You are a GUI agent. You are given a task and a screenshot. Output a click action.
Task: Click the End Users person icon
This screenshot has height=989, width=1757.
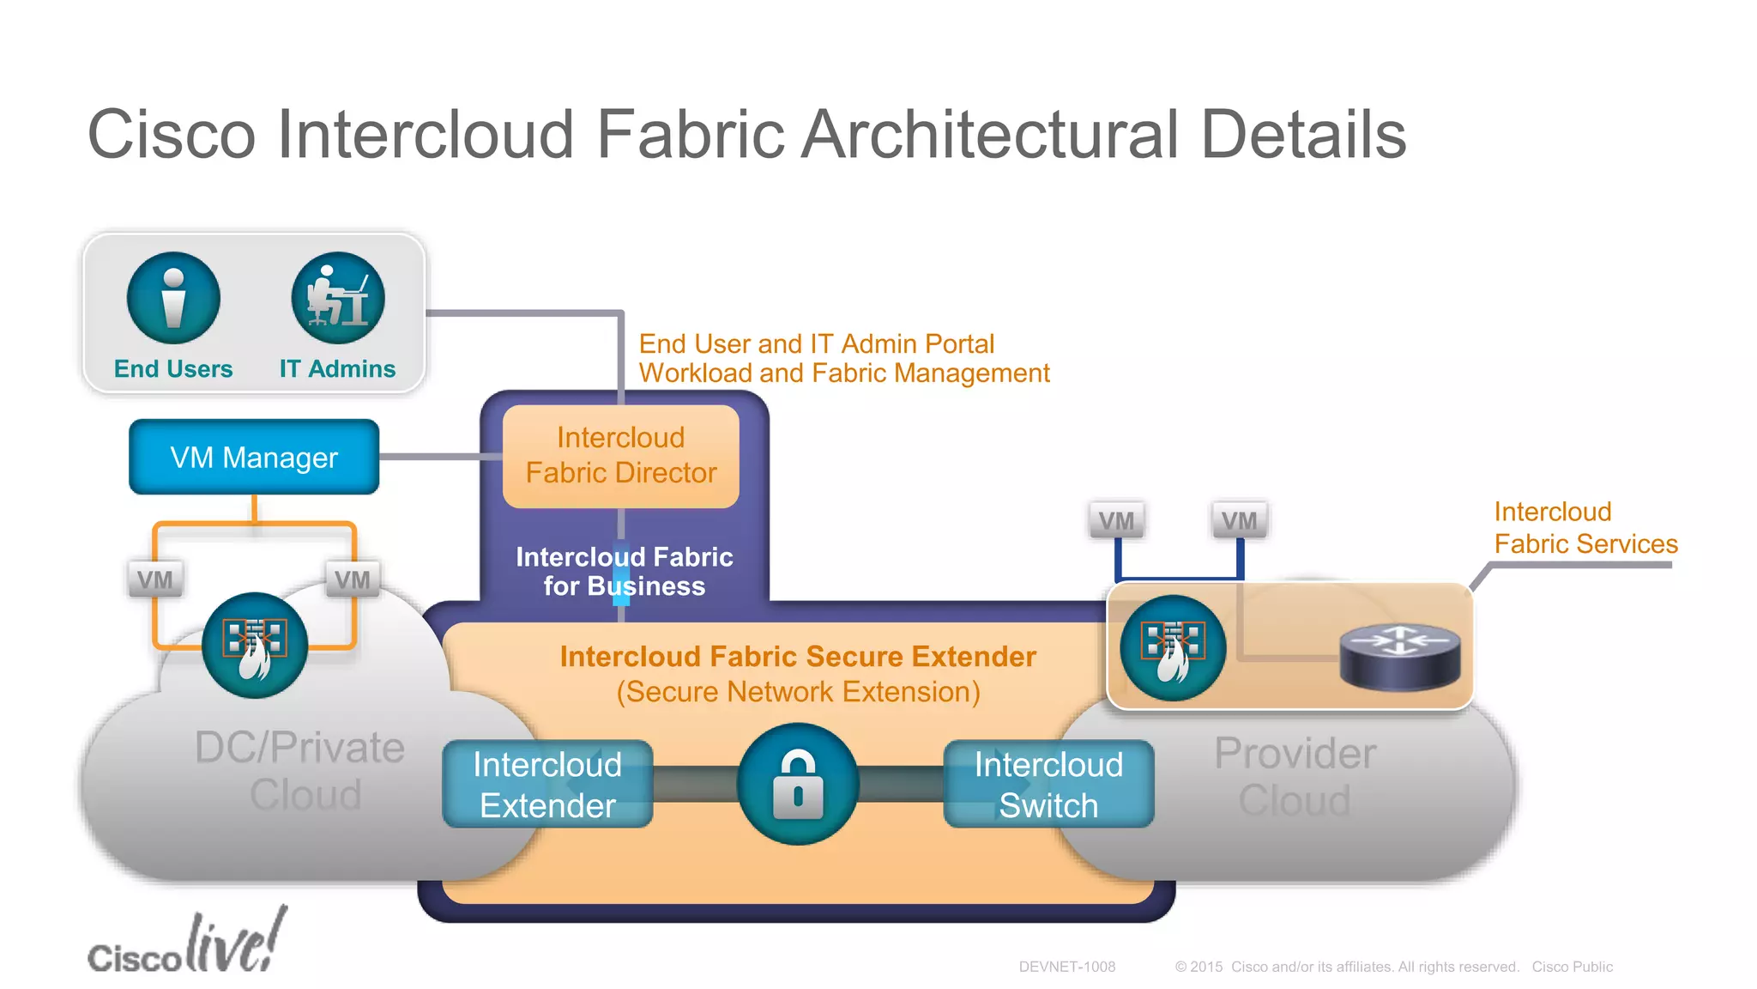pyautogui.click(x=173, y=298)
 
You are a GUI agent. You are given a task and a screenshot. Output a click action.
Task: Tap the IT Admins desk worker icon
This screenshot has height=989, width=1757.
pyautogui.click(x=337, y=298)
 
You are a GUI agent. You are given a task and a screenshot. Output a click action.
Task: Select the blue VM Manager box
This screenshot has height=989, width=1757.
pyautogui.click(x=254, y=457)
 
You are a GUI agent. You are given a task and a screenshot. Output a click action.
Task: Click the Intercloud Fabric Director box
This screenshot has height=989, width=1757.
pyautogui.click(x=620, y=456)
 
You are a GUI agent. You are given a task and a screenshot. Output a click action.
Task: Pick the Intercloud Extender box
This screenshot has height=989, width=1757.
pyautogui.click(x=547, y=785)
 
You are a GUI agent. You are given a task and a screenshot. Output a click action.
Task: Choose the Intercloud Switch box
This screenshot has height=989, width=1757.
pyautogui.click(x=1048, y=785)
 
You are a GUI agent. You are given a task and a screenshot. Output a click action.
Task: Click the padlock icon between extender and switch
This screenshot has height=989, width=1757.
pyautogui.click(x=798, y=785)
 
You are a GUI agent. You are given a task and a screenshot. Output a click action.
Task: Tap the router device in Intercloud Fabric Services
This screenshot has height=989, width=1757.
pyautogui.click(x=1399, y=657)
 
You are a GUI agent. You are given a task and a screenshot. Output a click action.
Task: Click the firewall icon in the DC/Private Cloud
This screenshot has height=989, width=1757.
pyautogui.click(x=254, y=645)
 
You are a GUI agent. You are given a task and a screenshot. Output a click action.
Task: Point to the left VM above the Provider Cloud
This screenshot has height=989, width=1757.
pyautogui.click(x=1116, y=520)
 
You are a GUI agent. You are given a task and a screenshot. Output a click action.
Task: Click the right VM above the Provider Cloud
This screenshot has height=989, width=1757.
pyautogui.click(x=1239, y=520)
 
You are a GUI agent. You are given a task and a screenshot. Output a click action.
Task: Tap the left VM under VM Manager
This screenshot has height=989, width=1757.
pyautogui.click(x=154, y=579)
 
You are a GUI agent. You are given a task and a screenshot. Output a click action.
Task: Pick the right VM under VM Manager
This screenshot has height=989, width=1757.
pyautogui.click(x=352, y=579)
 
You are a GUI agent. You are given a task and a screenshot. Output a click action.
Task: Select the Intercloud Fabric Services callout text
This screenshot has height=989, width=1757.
pyautogui.click(x=1584, y=528)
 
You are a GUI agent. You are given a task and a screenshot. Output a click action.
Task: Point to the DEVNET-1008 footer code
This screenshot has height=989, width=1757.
pyautogui.click(x=1066, y=967)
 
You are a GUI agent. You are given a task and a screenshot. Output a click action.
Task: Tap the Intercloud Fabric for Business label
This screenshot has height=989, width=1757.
pyautogui.click(x=624, y=572)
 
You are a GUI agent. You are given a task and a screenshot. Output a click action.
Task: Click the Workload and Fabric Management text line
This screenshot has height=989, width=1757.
pyautogui.click(x=843, y=373)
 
